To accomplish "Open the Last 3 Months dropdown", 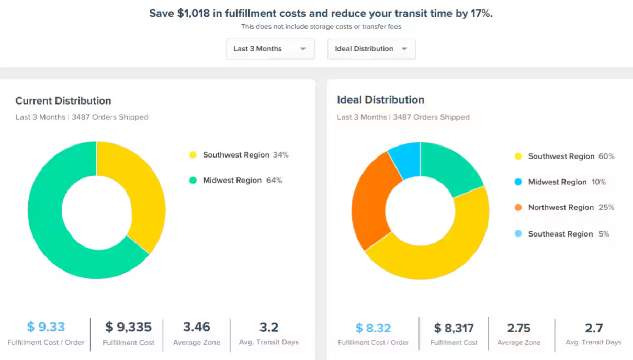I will coord(270,49).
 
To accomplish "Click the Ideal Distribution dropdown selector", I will coord(371,49).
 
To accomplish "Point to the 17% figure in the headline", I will coord(480,14).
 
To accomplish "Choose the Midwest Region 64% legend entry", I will coord(236,180).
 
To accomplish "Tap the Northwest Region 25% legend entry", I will coord(564,207).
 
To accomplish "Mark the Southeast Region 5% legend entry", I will coord(562,234).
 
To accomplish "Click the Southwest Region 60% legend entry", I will coord(564,156).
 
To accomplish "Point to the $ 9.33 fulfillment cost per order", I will coord(46,327).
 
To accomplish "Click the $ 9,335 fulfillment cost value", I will coord(128,327).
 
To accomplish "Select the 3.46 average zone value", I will coord(197,327).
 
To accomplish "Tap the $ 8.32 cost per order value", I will coord(373,328).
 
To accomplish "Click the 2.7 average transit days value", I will coord(593,328).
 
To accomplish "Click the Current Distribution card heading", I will coord(63,101).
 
